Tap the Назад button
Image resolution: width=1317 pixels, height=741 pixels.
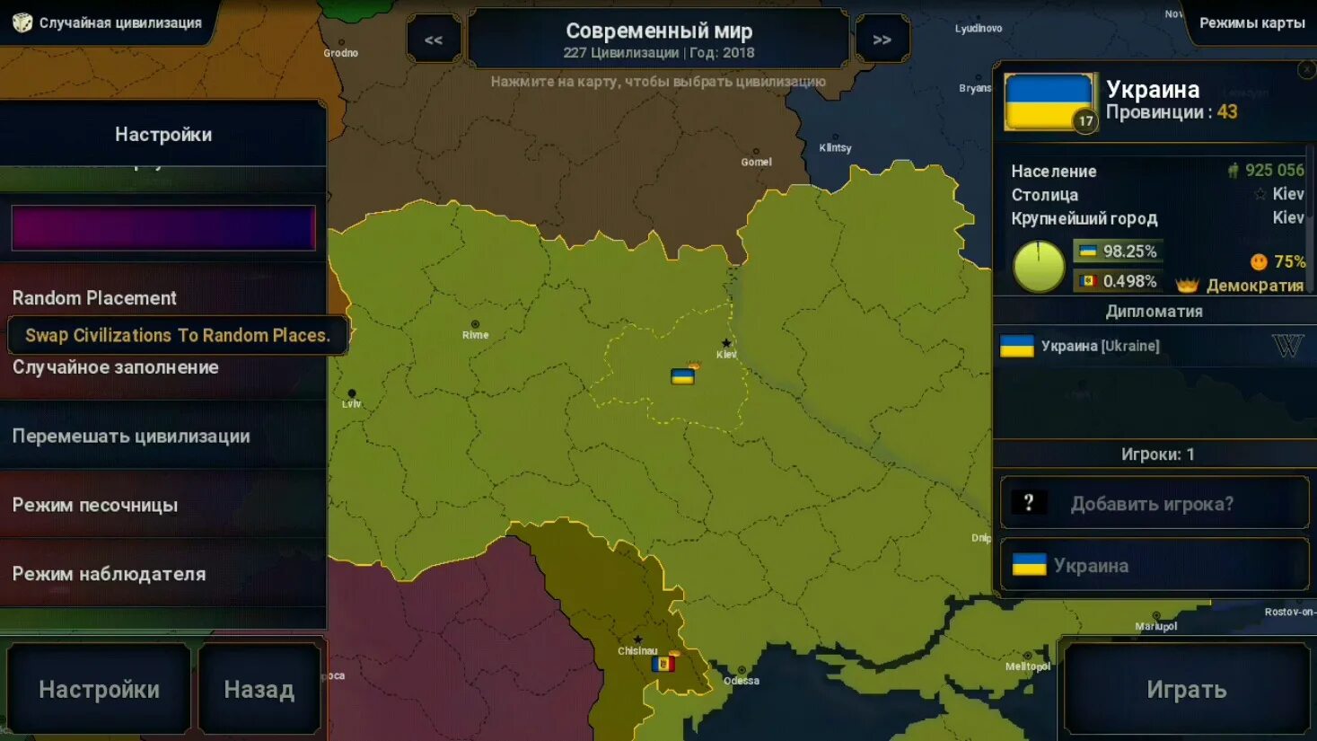(x=259, y=689)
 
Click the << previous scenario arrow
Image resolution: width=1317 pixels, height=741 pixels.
(x=434, y=40)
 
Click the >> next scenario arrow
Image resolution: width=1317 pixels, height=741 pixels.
(x=882, y=40)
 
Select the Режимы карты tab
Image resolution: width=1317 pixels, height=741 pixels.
(x=1251, y=22)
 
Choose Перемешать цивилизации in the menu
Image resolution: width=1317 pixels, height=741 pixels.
(x=131, y=437)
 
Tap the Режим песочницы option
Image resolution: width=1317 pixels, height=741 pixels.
(x=95, y=505)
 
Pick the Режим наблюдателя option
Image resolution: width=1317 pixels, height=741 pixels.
(x=109, y=574)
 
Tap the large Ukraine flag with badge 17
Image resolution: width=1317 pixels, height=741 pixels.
(x=1049, y=101)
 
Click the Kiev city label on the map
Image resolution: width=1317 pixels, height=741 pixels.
(x=726, y=354)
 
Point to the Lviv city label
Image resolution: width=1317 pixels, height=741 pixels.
(x=351, y=404)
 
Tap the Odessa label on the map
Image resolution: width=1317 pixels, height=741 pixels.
(x=742, y=681)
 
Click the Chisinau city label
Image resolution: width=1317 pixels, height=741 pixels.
(x=637, y=651)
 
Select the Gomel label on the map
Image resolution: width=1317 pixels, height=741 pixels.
(x=756, y=163)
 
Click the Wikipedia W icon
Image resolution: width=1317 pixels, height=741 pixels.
(x=1286, y=346)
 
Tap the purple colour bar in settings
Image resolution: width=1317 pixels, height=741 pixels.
(x=163, y=227)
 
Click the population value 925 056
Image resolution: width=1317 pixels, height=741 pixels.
(x=1274, y=171)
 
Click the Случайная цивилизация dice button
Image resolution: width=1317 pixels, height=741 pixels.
(x=106, y=22)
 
